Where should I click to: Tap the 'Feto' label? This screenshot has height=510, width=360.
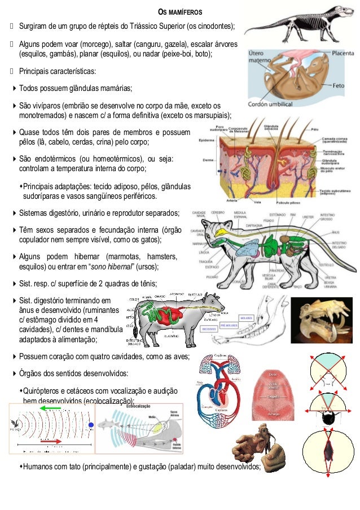tap(339, 86)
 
